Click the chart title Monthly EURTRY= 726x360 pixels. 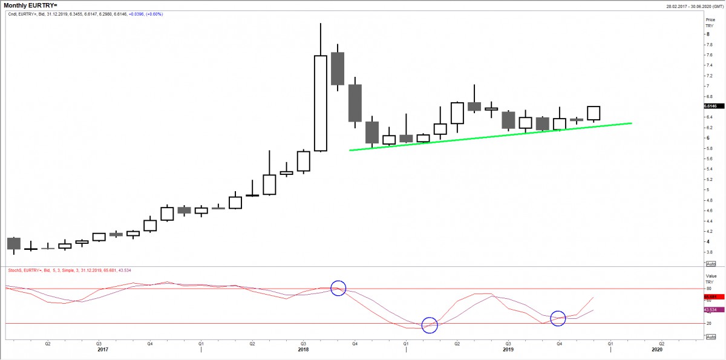coord(31,5)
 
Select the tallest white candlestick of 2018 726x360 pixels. coord(321,103)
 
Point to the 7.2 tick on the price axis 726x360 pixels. coord(709,76)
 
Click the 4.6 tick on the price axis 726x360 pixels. coord(709,211)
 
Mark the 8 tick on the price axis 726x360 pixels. coord(708,34)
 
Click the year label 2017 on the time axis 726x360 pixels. coord(103,350)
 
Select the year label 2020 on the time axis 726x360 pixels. coord(657,350)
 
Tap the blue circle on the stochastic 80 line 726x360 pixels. coord(339,289)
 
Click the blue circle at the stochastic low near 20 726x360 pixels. coord(430,325)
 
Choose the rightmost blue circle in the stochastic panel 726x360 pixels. coord(558,318)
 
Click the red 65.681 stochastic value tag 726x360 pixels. coord(711,297)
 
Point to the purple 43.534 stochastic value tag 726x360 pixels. coord(711,310)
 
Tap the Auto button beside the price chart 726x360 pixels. coord(711,264)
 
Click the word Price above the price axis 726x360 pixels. coord(710,20)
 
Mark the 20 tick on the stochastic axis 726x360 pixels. coord(708,323)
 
